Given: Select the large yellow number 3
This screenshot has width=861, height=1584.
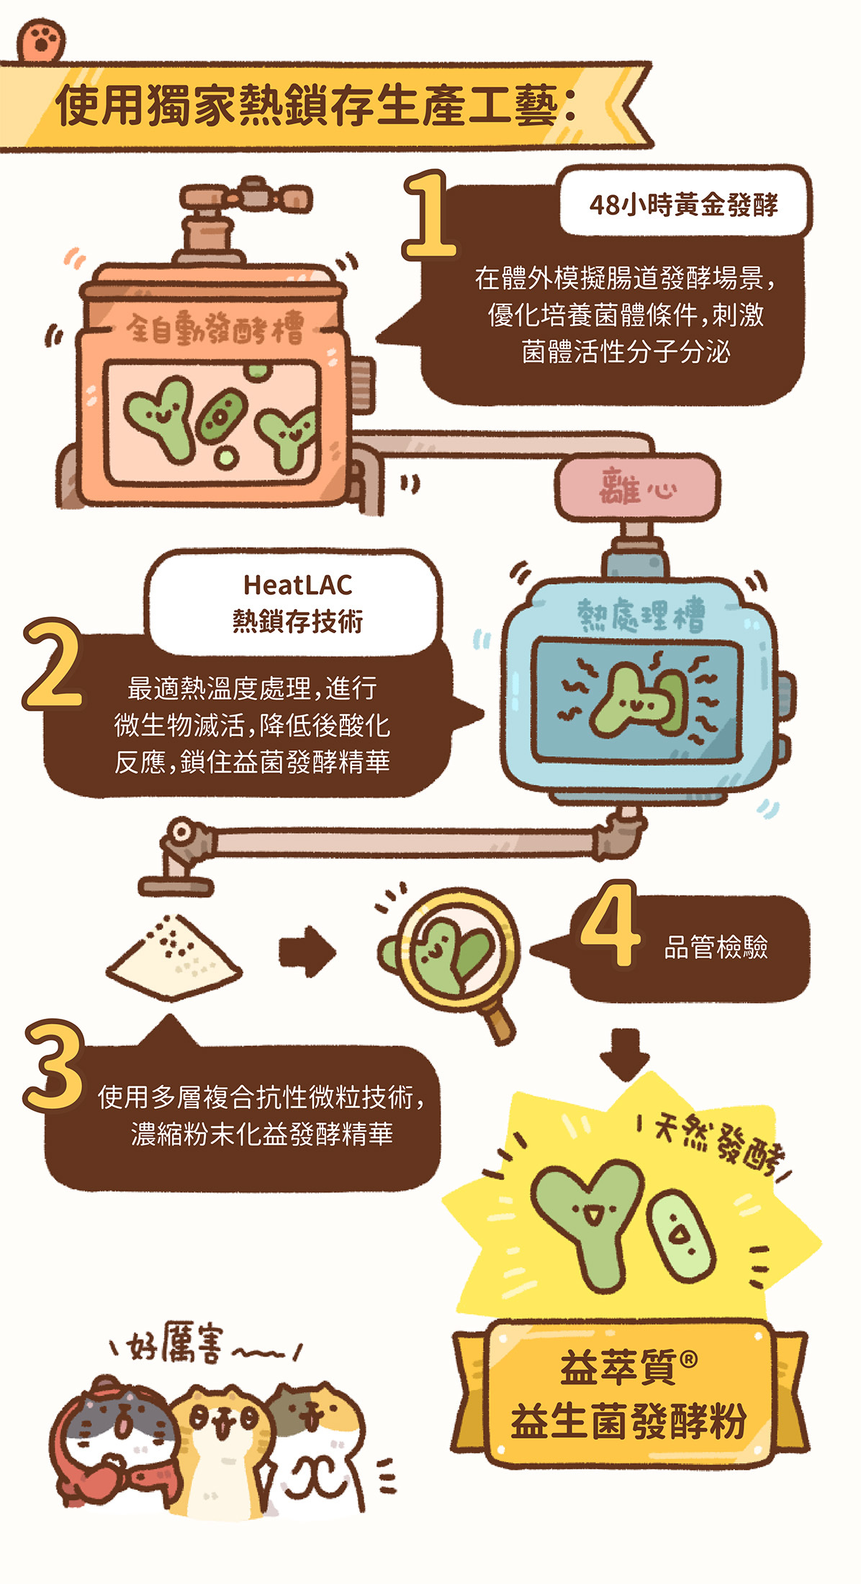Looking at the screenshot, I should (53, 1065).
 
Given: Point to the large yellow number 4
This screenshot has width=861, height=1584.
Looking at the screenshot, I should (609, 924).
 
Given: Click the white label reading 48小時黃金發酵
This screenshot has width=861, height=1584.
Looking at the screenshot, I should (684, 204).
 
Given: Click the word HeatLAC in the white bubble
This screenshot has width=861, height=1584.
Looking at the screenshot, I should (297, 585).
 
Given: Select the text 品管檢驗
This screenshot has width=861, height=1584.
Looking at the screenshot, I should (716, 948).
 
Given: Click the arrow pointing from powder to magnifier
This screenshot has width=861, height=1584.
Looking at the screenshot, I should (307, 952).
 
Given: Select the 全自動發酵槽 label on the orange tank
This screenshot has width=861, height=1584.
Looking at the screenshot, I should (215, 329).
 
